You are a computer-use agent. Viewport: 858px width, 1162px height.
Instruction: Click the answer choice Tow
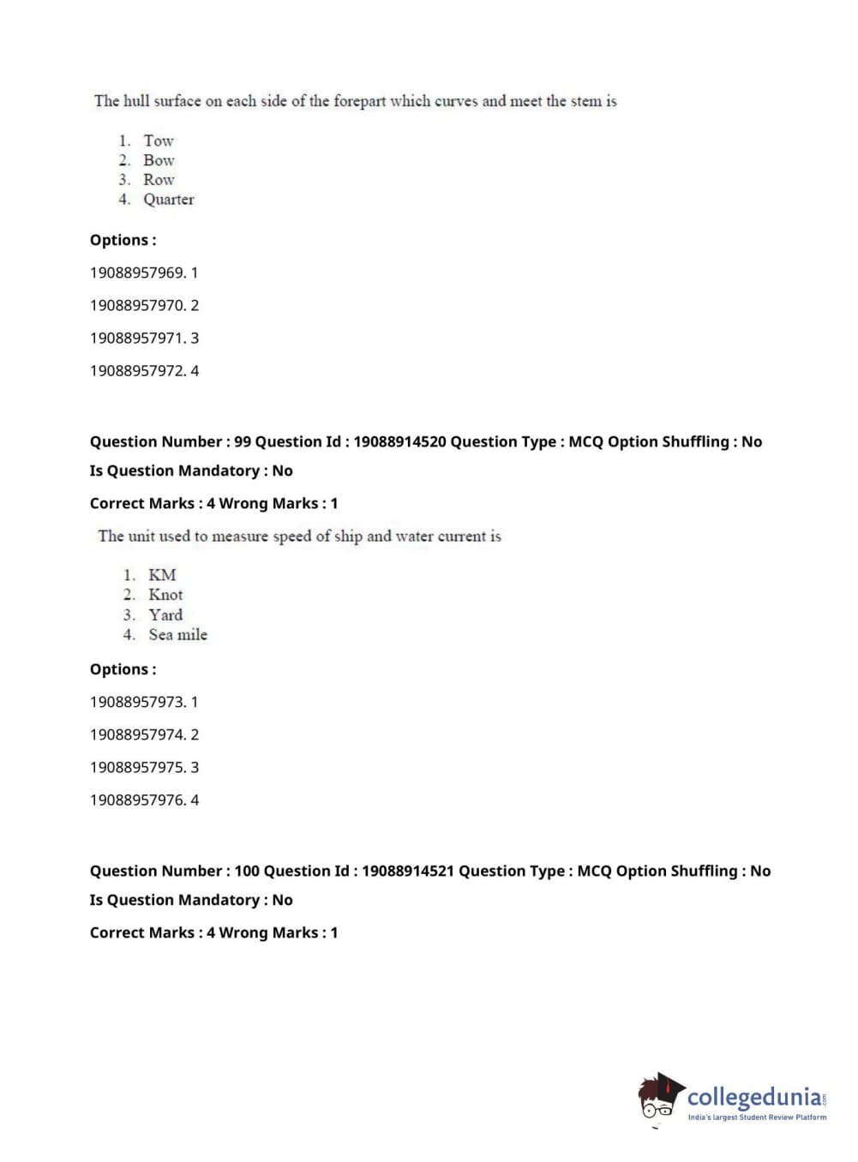pos(158,141)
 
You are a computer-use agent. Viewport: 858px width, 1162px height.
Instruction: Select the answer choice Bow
pos(159,160)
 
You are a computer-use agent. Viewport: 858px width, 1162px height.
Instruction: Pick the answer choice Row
pos(159,180)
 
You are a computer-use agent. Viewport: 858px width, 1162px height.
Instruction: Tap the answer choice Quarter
pos(168,200)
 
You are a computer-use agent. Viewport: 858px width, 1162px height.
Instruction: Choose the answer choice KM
pos(162,575)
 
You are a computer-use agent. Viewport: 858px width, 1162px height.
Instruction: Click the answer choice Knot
pos(165,595)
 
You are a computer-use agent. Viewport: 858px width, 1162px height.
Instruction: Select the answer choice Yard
pos(165,615)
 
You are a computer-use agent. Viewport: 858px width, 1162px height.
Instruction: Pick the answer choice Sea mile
pos(177,635)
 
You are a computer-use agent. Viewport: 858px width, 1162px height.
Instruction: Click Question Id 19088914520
pos(399,442)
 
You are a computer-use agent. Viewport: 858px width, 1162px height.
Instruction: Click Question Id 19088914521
pos(407,871)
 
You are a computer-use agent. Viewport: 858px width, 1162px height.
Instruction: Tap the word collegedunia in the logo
pos(754,1097)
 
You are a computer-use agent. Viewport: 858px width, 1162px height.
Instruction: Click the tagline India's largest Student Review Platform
pos(757,1117)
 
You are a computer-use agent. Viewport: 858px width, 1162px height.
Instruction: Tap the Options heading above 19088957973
pos(123,669)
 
